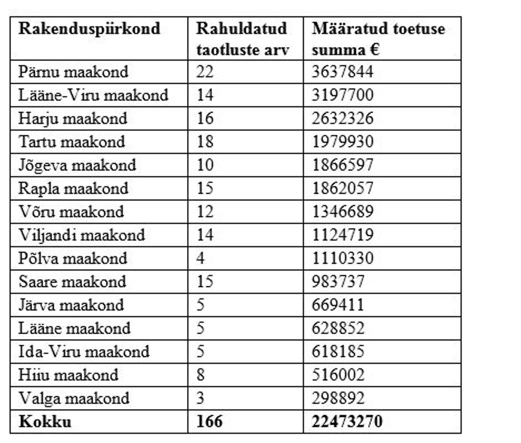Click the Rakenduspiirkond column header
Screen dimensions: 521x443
[89, 28]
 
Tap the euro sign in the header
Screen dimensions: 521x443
[374, 50]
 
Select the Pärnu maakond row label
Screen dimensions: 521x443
[73, 72]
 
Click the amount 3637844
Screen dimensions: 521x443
[342, 72]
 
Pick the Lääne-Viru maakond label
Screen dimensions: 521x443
[93, 95]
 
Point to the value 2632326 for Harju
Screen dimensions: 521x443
[342, 119]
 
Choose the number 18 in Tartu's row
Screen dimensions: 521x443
[205, 142]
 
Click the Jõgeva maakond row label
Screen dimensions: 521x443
[77, 165]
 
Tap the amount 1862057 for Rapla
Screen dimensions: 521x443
[342, 189]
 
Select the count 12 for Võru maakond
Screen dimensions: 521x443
[205, 212]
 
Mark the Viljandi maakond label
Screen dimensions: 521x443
[82, 235]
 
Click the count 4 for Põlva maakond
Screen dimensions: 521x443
[200, 259]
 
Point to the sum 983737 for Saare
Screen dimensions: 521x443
[338, 282]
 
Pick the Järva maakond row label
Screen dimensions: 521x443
[71, 305]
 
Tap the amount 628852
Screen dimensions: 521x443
[338, 329]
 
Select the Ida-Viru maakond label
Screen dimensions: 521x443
[84, 352]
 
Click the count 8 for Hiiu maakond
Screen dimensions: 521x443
[200, 375]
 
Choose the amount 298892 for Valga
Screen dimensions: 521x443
[338, 399]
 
